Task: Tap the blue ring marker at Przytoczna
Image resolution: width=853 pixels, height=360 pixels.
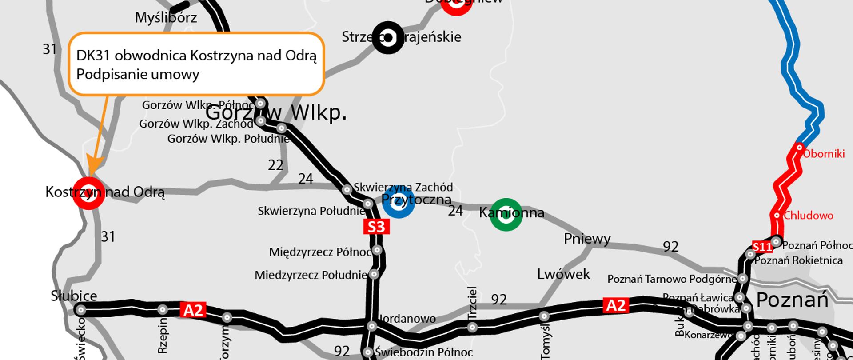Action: [399, 202]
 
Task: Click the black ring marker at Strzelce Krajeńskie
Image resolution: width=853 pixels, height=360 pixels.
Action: [388, 38]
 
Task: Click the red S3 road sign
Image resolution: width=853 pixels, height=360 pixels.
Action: [376, 227]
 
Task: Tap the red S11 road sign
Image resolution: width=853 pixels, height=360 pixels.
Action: [762, 247]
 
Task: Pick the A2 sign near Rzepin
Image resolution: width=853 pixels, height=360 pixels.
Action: [193, 310]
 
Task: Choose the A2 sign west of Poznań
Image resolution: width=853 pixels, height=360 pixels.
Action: [616, 305]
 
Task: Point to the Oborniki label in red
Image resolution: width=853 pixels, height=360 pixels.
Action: [824, 154]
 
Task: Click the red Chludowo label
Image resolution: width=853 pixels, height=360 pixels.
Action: [808, 216]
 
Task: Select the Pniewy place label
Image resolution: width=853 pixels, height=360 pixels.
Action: [587, 239]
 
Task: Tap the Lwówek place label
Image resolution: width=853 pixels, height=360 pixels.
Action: [563, 274]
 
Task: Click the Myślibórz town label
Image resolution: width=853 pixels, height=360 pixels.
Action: [166, 18]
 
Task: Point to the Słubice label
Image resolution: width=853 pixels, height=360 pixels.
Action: [74, 296]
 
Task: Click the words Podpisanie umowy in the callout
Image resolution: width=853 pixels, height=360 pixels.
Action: [138, 74]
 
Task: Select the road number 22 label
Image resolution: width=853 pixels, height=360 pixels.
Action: [275, 165]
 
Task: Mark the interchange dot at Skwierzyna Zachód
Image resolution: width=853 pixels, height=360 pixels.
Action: [347, 190]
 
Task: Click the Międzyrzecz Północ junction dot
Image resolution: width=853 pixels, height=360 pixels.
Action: [377, 250]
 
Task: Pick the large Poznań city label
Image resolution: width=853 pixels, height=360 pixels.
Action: [792, 300]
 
